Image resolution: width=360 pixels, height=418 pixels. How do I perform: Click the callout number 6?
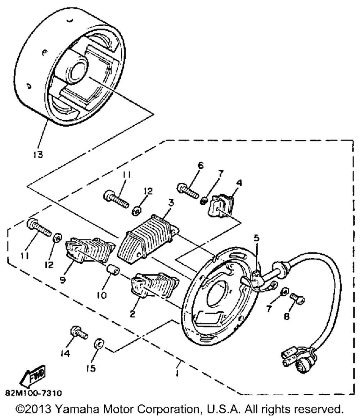pos(201,166)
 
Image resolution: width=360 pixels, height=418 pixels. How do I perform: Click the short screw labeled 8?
pos(297,298)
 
